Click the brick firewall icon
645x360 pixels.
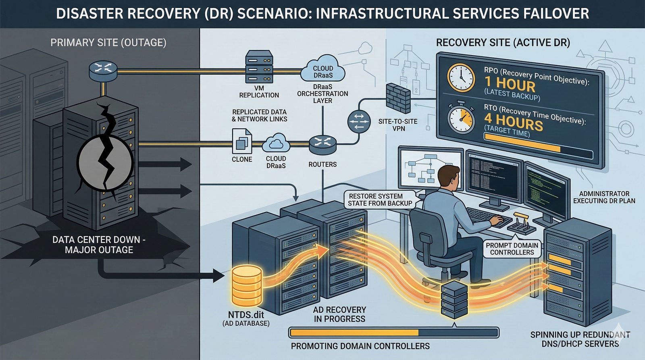coord(398,98)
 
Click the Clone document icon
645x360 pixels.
coord(242,142)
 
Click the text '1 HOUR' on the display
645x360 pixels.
coord(510,84)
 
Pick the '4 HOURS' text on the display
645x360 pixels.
coord(513,121)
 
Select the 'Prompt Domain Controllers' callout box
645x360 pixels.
coord(512,249)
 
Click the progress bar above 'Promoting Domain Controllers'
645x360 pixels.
coord(394,333)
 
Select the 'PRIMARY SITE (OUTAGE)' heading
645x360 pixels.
coord(108,43)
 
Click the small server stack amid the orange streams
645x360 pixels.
coord(454,300)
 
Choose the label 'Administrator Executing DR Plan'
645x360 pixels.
coord(604,197)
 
